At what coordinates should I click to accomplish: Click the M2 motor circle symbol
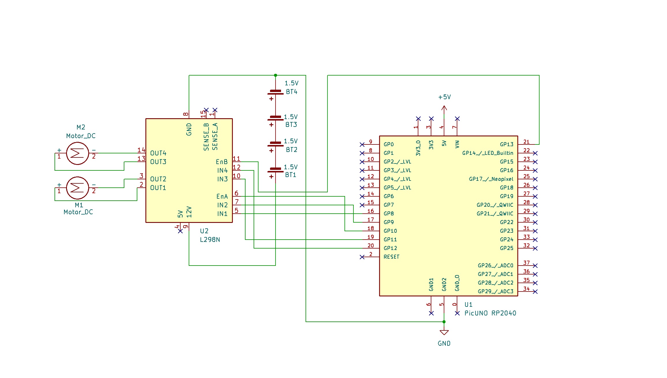(77, 153)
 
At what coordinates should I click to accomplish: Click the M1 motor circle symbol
(77, 188)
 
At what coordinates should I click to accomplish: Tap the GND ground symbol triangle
(444, 332)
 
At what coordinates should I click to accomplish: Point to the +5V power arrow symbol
(444, 109)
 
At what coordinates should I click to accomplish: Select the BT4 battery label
(291, 92)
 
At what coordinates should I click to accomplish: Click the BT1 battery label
(291, 175)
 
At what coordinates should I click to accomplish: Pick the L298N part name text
(210, 240)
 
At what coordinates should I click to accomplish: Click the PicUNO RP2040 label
(490, 313)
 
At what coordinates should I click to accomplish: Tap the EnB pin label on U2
(222, 162)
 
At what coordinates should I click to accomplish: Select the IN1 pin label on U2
(222, 214)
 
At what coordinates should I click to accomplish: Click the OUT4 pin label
(158, 153)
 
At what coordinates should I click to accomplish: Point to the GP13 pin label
(506, 144)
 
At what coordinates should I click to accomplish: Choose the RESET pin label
(391, 257)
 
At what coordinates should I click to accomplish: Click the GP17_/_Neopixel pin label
(491, 179)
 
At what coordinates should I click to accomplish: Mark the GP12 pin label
(390, 248)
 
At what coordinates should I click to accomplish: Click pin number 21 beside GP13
(526, 142)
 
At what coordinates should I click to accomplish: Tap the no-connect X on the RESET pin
(362, 257)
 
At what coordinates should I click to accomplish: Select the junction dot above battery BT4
(276, 75)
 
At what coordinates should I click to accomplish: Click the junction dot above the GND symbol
(444, 322)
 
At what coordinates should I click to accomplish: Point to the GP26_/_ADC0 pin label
(495, 266)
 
